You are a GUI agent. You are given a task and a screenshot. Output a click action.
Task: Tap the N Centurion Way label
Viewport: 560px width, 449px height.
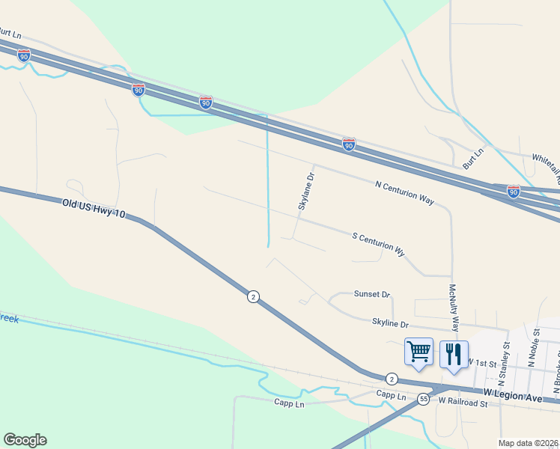tap(404, 192)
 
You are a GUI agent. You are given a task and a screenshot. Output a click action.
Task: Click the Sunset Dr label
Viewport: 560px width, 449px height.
tap(373, 295)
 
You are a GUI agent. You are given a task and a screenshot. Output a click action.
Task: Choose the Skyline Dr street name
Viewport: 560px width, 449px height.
tap(391, 324)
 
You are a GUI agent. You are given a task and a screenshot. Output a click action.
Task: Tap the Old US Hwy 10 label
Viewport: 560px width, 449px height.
tap(94, 210)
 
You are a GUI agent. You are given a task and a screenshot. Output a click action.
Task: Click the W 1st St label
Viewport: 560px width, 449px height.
tap(482, 362)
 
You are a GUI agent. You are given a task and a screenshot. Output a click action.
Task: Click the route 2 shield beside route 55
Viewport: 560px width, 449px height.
tap(392, 379)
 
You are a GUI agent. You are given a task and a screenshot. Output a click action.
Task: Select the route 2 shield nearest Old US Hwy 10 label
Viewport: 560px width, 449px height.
tap(254, 297)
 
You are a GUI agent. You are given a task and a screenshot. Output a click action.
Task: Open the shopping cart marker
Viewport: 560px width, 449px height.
tap(419, 352)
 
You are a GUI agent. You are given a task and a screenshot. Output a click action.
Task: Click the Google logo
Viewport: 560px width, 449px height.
tap(25, 440)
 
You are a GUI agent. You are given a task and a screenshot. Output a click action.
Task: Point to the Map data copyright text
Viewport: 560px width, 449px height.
tap(529, 443)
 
